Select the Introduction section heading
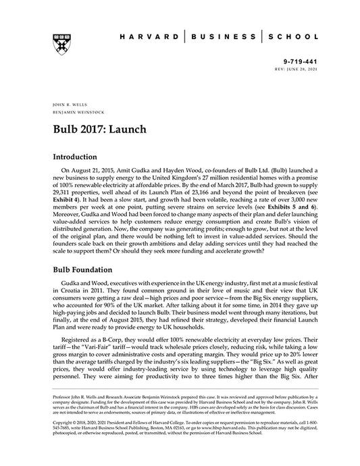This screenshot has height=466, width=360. pyautogui.click(x=80, y=156)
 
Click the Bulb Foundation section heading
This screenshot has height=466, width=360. pyautogui.click(x=88, y=269)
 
